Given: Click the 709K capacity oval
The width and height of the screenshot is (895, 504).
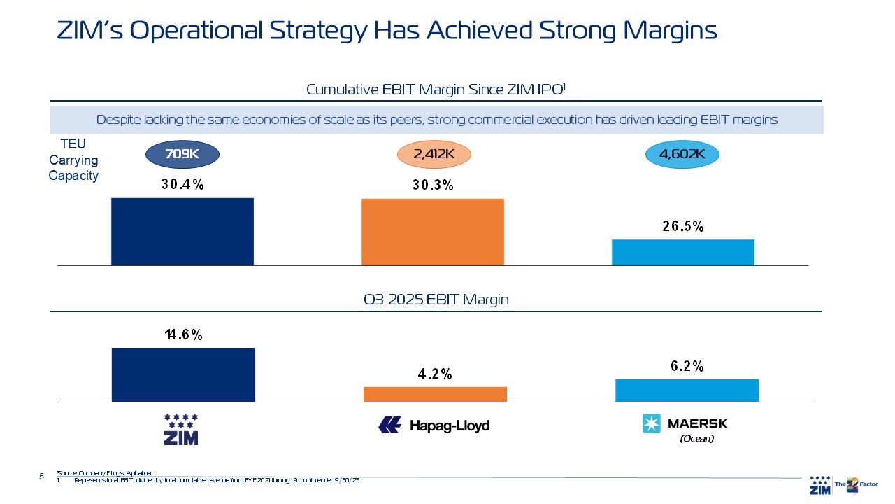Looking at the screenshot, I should click(x=182, y=155).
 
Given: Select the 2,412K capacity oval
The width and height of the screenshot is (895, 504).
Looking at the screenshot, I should click(x=434, y=155).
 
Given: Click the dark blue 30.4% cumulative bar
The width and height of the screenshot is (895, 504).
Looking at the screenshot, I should click(x=182, y=232).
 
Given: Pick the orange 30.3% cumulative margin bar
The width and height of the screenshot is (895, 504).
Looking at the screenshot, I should click(x=432, y=232).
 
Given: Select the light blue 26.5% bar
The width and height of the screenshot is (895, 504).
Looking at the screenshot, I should click(x=682, y=252).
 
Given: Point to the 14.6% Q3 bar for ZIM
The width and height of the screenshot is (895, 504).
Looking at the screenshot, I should click(x=183, y=374).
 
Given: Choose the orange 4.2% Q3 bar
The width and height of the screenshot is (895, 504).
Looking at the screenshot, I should click(x=435, y=394).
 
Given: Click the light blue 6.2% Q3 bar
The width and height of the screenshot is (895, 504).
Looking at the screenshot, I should click(x=687, y=391).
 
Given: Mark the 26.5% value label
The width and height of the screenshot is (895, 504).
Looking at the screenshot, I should click(x=682, y=227).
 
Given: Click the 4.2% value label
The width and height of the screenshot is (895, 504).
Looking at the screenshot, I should click(x=435, y=374).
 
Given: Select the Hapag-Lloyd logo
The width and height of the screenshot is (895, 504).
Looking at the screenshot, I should click(x=434, y=425).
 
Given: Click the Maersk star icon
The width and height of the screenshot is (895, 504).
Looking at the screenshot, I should click(x=652, y=423).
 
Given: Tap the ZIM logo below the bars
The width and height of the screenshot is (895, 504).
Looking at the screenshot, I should click(x=181, y=429).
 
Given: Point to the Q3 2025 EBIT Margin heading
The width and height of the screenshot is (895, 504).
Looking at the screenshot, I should click(x=436, y=300).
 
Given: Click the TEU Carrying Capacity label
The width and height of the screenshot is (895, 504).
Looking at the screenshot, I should click(x=73, y=160).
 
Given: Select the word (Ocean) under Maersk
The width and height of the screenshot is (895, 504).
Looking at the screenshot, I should click(x=696, y=439).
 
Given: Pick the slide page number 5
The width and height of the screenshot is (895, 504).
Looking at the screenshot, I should click(x=41, y=477).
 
